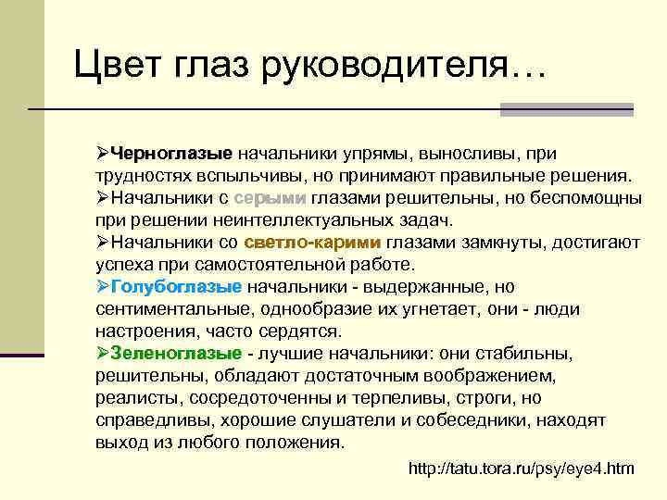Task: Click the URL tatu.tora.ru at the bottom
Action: (x=522, y=469)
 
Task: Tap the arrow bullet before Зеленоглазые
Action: (x=103, y=353)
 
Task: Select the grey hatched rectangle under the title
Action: (x=566, y=109)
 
